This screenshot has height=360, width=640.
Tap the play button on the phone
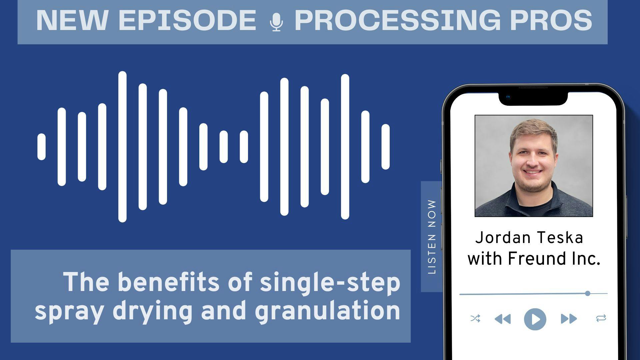535,319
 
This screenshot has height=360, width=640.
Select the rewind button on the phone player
503,319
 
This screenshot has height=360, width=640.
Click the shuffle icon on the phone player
475,318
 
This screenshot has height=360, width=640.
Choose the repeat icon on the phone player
601,318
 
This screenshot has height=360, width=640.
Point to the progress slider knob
588,293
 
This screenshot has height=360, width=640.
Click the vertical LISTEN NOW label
432,237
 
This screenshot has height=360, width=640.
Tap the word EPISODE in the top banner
187,20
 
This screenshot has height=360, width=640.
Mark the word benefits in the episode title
169,282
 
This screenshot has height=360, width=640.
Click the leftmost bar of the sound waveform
41,147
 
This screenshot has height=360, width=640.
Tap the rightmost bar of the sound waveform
386,147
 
